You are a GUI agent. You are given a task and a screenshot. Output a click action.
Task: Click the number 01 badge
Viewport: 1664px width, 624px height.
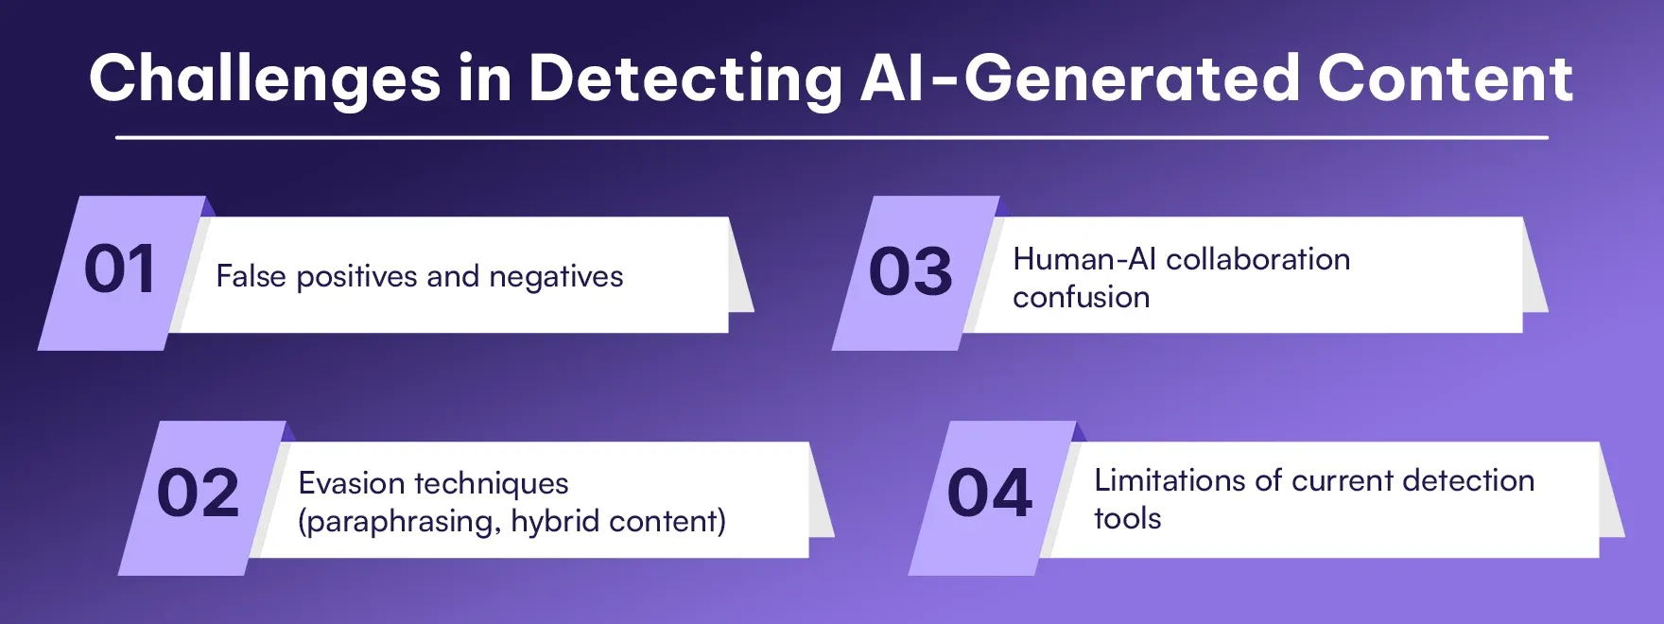point(121,273)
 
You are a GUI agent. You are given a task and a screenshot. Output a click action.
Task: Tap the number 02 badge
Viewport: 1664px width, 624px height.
point(200,497)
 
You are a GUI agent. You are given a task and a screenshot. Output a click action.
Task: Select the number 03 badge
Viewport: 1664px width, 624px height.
point(914,273)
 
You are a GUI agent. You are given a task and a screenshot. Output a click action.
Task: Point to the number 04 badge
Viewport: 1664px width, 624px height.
point(992,497)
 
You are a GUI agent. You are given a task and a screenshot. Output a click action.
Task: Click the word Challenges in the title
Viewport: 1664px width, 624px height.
point(266,79)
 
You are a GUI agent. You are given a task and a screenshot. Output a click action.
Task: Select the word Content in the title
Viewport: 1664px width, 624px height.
point(1446,78)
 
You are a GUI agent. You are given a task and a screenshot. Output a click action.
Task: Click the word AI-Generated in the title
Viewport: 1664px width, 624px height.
point(1081,78)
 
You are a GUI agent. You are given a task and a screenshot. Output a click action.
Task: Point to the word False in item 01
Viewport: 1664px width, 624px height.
point(251,276)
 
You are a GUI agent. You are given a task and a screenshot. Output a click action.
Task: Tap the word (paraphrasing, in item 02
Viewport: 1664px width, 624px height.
point(400,522)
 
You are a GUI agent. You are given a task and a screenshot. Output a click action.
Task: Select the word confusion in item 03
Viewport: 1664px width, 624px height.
point(1082,297)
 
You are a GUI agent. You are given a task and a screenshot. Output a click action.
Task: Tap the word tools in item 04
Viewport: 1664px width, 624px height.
point(1128,518)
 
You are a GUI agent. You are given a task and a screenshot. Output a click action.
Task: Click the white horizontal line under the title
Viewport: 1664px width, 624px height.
point(832,138)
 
